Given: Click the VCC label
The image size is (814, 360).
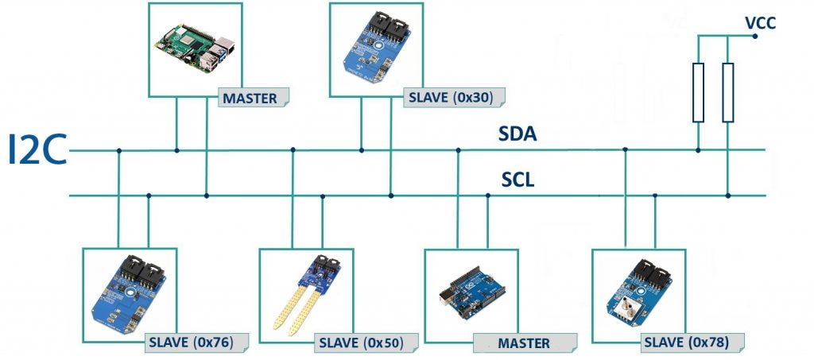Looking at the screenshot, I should point(760,23).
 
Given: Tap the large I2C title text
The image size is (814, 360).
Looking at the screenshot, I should point(37,151).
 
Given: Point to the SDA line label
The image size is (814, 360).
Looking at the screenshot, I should point(517,134).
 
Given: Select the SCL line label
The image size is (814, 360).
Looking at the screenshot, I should point(517,180).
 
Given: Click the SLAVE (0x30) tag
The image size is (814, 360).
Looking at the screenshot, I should point(450,99).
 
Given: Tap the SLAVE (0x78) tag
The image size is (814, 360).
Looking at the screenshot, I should point(692,343).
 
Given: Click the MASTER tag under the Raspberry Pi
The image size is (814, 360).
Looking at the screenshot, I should point(250,99).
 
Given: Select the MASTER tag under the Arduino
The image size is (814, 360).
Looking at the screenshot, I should point(523,343).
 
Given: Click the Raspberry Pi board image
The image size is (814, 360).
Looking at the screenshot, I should point(194,47).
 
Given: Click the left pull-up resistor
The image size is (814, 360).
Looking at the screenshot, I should point(698,92).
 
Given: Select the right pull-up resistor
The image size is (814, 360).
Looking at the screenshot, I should point(727,92).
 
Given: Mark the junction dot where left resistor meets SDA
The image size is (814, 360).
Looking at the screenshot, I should point(698,149).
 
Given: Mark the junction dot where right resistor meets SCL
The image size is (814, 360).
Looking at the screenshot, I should point(727,195).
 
